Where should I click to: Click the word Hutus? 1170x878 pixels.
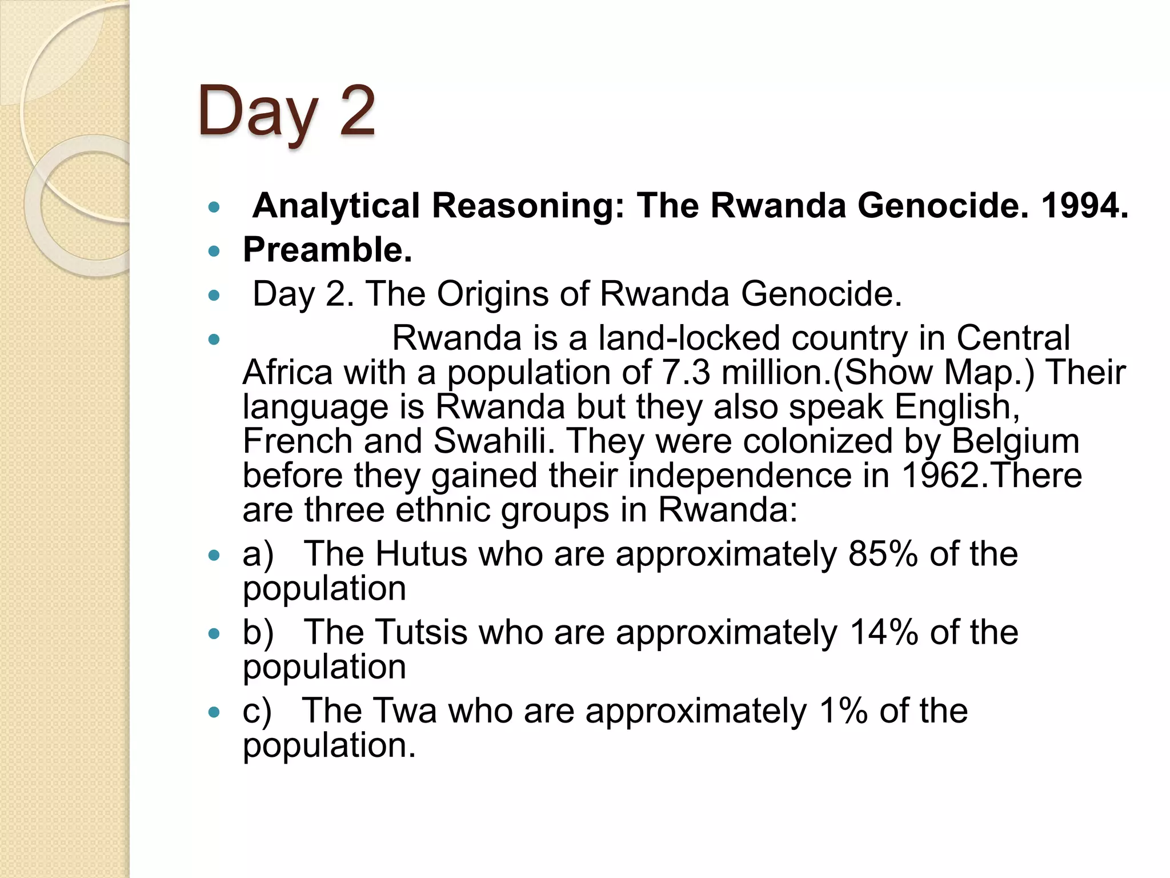[x=421, y=554]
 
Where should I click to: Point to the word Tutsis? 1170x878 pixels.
[x=422, y=632]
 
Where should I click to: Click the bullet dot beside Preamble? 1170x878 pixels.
[x=214, y=251]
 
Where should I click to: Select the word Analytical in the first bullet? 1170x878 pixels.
[x=336, y=206]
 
